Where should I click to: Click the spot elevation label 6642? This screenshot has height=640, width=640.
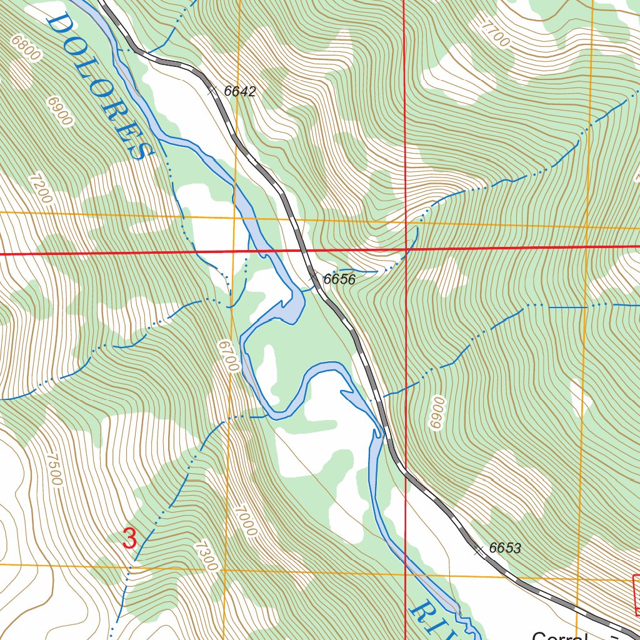[x=240, y=91]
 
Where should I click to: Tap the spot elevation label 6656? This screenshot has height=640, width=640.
[x=339, y=279]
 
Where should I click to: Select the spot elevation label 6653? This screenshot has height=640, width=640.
[x=505, y=549]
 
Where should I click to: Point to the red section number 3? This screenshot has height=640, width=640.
[x=129, y=539]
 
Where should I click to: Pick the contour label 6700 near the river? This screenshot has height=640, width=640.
[x=229, y=356]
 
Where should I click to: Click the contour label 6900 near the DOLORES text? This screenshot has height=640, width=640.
[x=60, y=112]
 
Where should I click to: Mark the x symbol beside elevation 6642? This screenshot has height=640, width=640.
[x=212, y=91]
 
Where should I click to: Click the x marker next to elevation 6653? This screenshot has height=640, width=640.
[x=479, y=551]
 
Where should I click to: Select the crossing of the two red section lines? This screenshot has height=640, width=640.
[x=406, y=250]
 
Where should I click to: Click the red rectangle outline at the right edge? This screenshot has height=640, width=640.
[x=636, y=594]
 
